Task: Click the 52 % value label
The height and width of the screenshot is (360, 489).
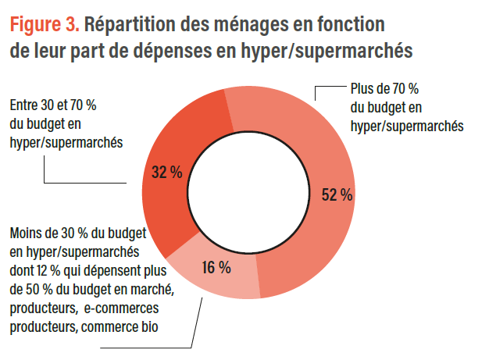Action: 337,195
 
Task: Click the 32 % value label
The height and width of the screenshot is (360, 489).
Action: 166,173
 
